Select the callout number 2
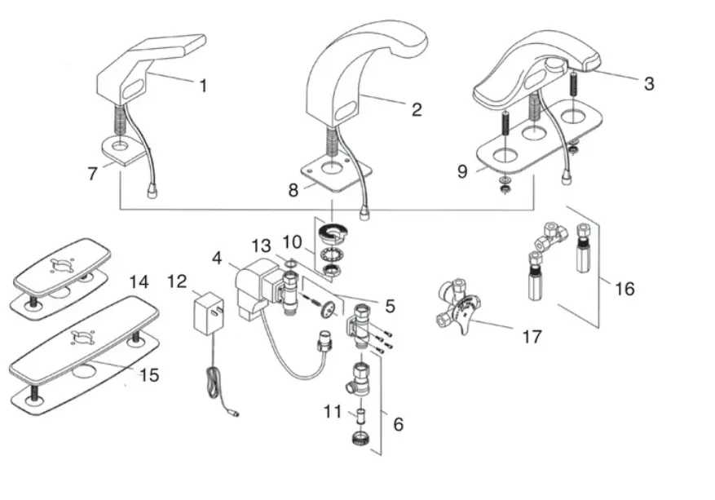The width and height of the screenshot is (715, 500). click(416, 110)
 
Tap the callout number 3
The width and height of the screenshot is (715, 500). click(648, 83)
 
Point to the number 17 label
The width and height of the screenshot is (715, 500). click(532, 335)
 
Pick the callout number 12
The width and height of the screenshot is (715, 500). click(177, 281)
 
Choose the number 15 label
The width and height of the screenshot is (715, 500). click(148, 375)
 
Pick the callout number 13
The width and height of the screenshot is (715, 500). click(260, 246)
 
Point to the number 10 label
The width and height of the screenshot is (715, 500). click(293, 242)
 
